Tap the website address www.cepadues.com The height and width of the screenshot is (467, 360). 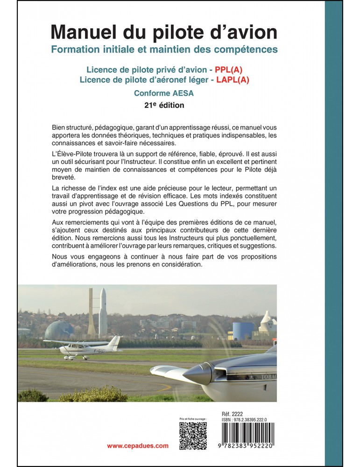pos(138,446)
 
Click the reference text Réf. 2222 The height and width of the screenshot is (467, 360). pos(233,414)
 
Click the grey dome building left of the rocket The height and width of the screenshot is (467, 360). pos(59,330)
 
